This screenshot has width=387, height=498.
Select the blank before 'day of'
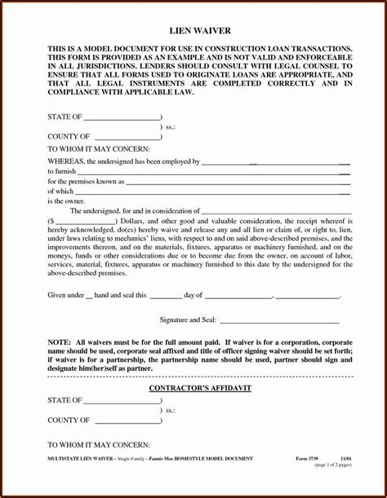coord(166,295)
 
